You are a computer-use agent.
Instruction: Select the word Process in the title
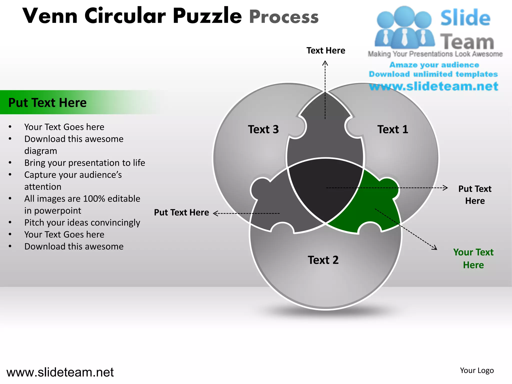[x=284, y=17]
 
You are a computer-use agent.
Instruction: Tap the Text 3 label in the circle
[x=263, y=129]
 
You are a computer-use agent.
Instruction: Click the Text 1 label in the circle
[x=392, y=129]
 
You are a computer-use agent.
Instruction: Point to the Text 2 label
[x=323, y=260]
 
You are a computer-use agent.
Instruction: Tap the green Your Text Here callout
[x=473, y=258]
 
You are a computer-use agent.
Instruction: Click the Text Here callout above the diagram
[x=326, y=50]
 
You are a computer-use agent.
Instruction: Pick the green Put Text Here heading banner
[x=47, y=102]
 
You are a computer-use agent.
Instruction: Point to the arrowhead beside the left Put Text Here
[x=215, y=213]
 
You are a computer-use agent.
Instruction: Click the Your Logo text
[x=477, y=370]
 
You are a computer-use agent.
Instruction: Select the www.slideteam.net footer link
[x=60, y=372]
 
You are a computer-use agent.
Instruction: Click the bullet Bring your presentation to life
[x=84, y=163]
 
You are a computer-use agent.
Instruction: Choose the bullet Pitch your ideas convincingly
[x=82, y=223]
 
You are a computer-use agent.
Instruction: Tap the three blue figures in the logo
[x=404, y=27]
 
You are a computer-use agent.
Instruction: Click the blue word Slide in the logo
[x=465, y=18]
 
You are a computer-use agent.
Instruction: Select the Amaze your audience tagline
[x=434, y=65]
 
